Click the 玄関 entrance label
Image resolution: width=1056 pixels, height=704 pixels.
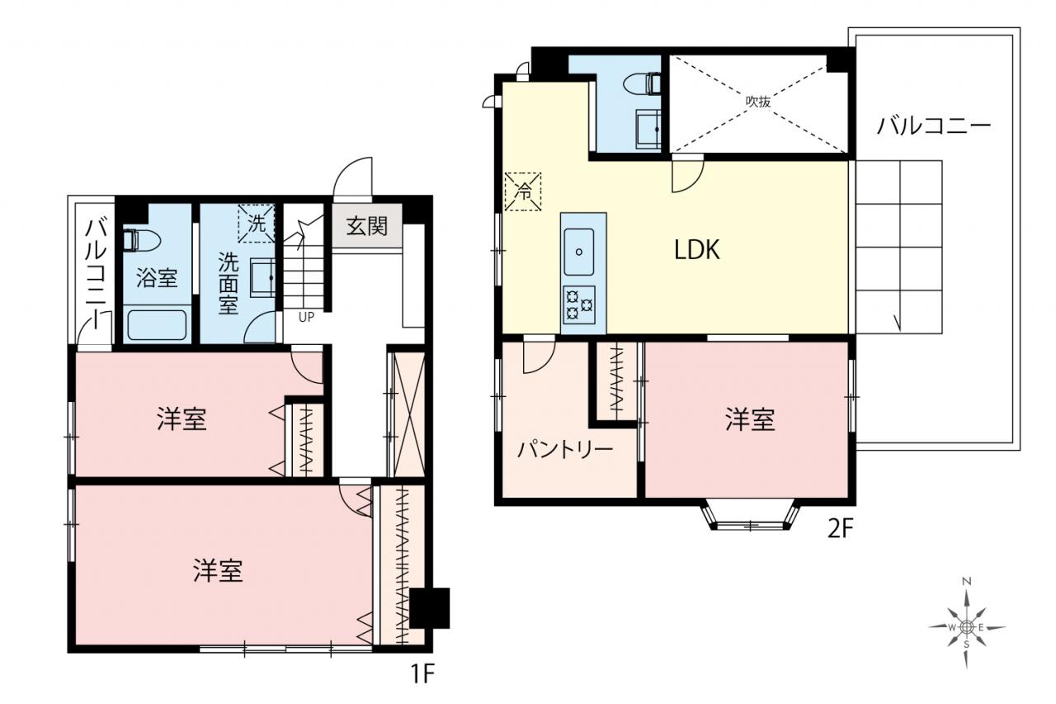367,226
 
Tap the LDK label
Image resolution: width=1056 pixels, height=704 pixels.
697,249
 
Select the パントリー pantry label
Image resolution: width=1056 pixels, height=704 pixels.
565,450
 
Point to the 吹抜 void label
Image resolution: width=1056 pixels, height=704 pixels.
758,102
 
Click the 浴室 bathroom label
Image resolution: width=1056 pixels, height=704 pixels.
157,277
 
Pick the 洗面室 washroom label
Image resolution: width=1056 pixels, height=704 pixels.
229,283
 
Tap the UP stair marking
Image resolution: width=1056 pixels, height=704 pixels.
306,318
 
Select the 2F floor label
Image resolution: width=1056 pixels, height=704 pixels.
841,528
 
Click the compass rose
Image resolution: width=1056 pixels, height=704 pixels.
966,627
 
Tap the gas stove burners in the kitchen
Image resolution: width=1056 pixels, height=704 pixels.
579,305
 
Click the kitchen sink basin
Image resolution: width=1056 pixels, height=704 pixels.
579,252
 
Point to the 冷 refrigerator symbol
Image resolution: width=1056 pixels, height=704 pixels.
523,191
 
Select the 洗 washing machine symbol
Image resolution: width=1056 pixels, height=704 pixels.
256,223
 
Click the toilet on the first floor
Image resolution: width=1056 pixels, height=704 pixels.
140,240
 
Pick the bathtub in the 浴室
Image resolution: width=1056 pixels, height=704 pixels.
157,325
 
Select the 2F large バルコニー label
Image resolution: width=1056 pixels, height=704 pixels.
934,126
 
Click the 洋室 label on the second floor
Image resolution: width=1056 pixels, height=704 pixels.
750,419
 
